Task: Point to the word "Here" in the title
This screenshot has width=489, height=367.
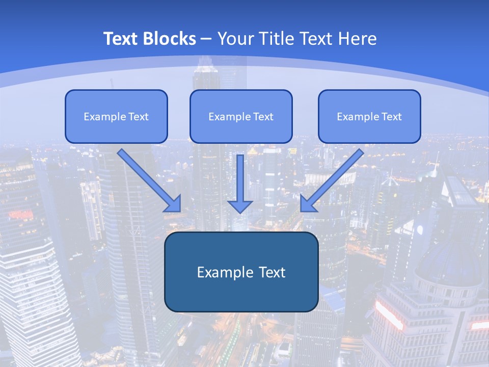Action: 358,39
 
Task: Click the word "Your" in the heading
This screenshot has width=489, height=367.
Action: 235,39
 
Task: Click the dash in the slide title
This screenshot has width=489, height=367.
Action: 206,39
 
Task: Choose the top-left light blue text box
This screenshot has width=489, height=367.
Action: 116,116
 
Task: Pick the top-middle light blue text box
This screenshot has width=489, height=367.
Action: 241,116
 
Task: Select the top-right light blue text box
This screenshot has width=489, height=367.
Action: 369,116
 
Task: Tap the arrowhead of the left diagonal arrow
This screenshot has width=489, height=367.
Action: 173,203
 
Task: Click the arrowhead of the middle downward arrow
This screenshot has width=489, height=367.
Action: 240,205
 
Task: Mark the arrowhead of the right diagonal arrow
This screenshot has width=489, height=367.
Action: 308,203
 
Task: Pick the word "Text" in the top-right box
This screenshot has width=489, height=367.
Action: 392,117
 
